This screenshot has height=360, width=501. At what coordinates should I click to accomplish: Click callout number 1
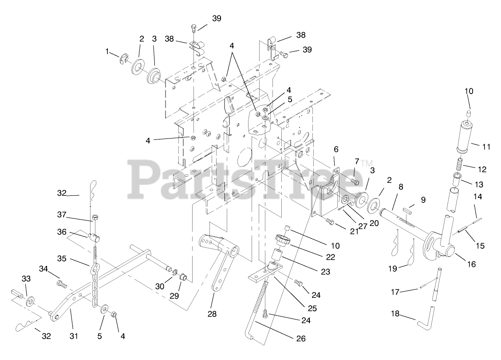point(107,52)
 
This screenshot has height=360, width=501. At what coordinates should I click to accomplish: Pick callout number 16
point(471,264)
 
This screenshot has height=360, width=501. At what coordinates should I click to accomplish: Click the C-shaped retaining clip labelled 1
point(124,59)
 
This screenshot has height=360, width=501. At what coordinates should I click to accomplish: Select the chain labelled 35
point(95,284)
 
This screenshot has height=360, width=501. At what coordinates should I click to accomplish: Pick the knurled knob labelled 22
point(282,242)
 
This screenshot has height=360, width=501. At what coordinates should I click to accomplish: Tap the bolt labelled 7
point(354,181)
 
